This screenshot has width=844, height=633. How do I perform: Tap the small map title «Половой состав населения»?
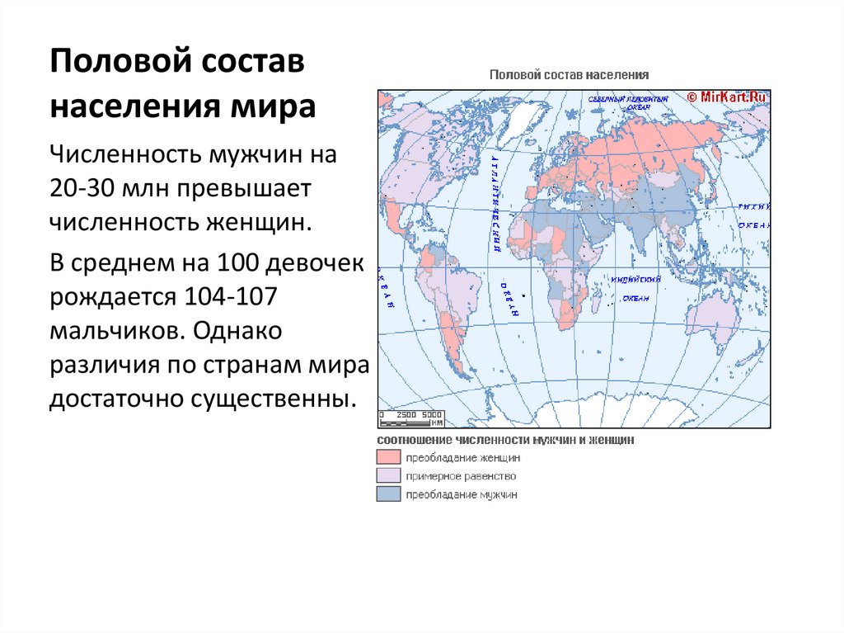pos(570,74)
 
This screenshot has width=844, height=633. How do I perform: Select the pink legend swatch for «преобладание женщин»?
pos(388,457)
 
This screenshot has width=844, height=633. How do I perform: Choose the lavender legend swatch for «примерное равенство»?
pos(388,476)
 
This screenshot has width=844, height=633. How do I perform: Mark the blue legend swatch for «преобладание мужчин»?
pos(388,494)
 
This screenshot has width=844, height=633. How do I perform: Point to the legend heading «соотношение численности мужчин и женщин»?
pos(505,441)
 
